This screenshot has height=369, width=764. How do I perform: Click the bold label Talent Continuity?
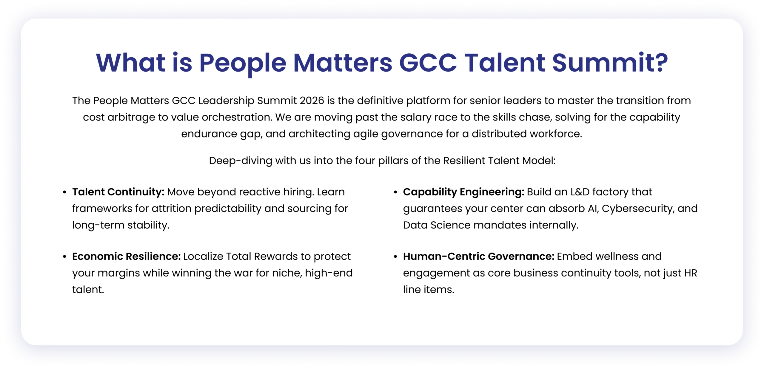[118, 192]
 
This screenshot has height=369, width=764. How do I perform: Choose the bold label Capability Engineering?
[463, 192]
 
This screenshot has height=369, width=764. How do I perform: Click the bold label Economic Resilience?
[126, 256]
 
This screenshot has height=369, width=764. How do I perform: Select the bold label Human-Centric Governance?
[478, 256]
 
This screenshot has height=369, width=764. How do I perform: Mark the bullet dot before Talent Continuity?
[64, 192]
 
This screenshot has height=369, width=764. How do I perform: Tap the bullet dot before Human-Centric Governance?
[395, 257]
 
